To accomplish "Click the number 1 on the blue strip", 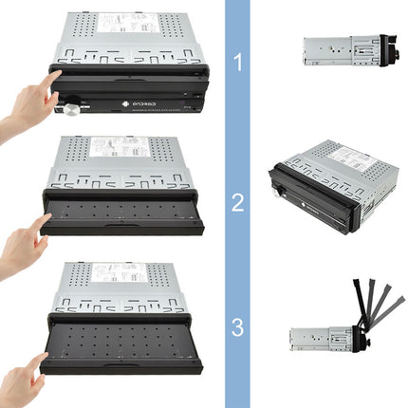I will [x=237, y=63].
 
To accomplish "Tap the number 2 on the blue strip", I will [x=237, y=201].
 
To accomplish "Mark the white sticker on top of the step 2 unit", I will [x=119, y=147].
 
